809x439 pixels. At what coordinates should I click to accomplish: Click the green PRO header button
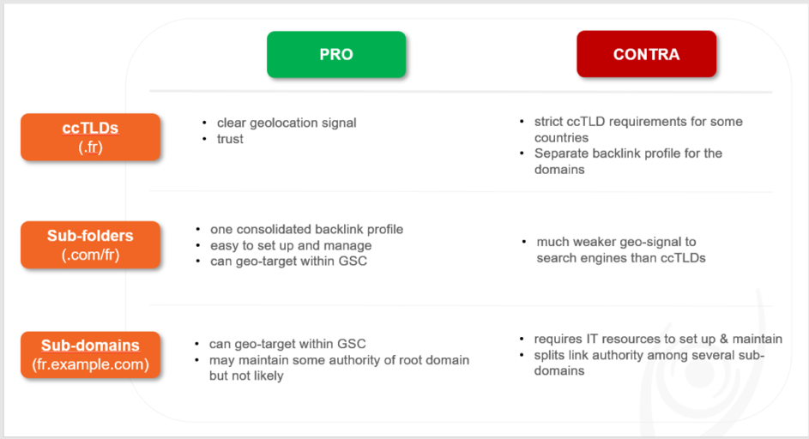coord(336,54)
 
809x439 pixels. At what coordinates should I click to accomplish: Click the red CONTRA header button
coord(647,54)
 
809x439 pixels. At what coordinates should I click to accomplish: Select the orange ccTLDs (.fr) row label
coord(90,137)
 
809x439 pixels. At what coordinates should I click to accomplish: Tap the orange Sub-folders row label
coord(90,245)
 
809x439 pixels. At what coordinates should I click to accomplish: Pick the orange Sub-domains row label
coord(90,355)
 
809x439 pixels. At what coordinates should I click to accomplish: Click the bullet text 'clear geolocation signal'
coord(287,123)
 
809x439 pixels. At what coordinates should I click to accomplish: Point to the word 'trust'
coord(230,139)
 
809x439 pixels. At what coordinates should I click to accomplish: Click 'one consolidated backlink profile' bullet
coord(306,229)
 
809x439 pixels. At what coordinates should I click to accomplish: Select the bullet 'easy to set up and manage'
coord(291,245)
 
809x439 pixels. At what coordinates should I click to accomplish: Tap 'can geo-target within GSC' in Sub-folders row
coord(288,261)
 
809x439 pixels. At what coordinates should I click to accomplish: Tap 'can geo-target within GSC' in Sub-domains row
coord(287,344)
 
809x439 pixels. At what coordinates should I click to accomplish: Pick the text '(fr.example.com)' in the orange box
coord(90,364)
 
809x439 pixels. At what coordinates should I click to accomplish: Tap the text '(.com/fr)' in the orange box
coord(90,255)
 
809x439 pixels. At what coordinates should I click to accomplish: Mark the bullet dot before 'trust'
coord(205,139)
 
